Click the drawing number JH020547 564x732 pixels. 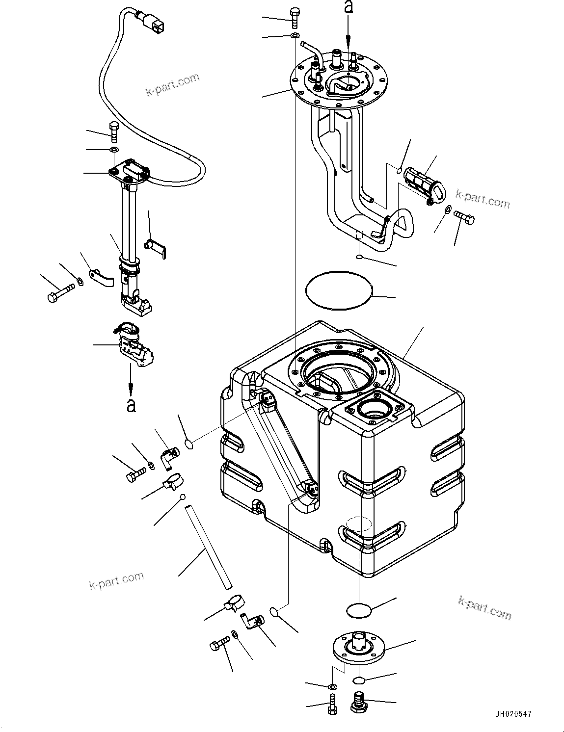tap(511, 714)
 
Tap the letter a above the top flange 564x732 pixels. tap(349, 7)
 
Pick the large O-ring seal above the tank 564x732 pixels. tap(338, 290)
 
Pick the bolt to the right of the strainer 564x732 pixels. tap(464, 217)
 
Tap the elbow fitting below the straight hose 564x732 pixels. tap(252, 622)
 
